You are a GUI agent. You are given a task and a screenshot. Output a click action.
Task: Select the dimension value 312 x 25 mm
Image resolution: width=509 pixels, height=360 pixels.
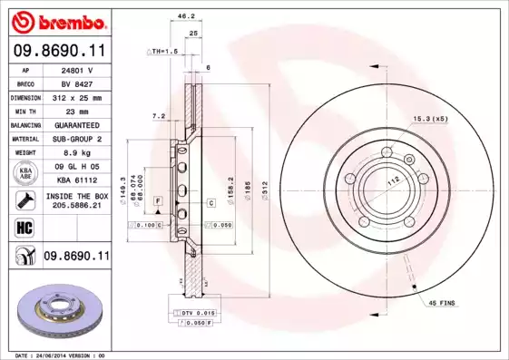pyautogui.click(x=76, y=96)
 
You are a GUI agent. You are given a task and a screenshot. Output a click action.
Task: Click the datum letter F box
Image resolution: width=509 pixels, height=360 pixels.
pyautogui.click(x=157, y=199)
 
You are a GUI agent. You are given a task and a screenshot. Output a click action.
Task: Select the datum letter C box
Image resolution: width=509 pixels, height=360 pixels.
pyautogui.click(x=210, y=203)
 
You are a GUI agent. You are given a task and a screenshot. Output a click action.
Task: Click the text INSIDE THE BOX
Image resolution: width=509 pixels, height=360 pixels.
pyautogui.click(x=76, y=195)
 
